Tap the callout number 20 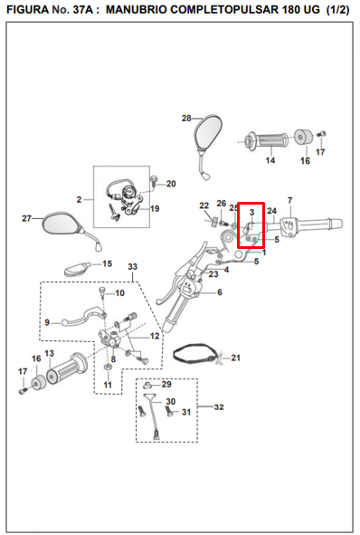coord(171,184)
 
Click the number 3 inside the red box coord(251,212)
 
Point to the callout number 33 coord(132,266)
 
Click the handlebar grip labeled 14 coord(269,139)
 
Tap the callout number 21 coord(235,358)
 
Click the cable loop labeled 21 coord(194,353)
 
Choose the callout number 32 coord(219,407)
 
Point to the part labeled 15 coord(77,269)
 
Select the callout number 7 coord(289,200)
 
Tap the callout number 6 coord(220,292)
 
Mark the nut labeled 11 coord(108,368)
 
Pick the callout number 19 coord(155,208)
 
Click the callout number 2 coord(79,199)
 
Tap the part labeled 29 coord(148,386)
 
